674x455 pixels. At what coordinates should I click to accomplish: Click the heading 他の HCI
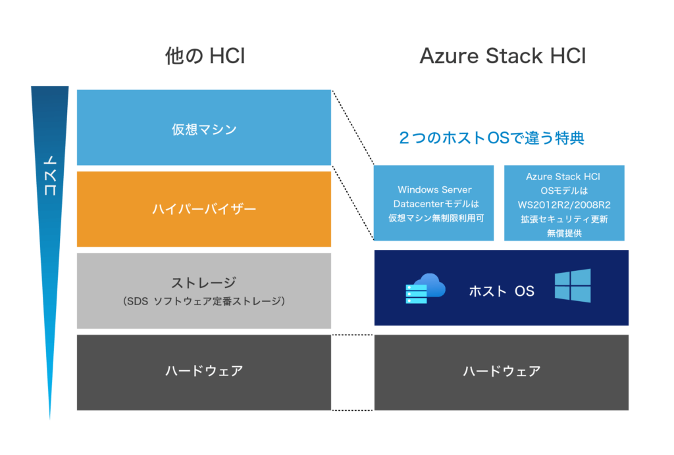205,57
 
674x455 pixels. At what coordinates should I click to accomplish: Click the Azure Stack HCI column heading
502,57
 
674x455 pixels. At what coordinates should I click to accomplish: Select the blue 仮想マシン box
204,129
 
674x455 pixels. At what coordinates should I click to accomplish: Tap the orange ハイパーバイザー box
204,210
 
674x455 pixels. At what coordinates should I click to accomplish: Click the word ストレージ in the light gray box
204,283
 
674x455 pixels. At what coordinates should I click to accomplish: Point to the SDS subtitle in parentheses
204,302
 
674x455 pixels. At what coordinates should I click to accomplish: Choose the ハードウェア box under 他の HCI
204,371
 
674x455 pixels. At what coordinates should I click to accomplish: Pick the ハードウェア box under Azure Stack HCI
502,371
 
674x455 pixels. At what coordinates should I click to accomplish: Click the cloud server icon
425,288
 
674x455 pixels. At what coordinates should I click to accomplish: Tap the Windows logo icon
572,286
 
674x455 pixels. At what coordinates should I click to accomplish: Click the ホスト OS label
502,291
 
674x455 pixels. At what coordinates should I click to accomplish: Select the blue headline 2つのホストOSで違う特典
492,139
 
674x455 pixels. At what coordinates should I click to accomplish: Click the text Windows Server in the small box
434,190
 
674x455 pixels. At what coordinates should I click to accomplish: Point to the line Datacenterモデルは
434,204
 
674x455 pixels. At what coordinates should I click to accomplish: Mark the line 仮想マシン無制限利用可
434,218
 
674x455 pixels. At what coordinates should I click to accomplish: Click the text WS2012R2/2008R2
564,204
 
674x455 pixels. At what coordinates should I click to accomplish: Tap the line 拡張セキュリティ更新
564,219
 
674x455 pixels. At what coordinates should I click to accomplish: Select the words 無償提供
564,233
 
